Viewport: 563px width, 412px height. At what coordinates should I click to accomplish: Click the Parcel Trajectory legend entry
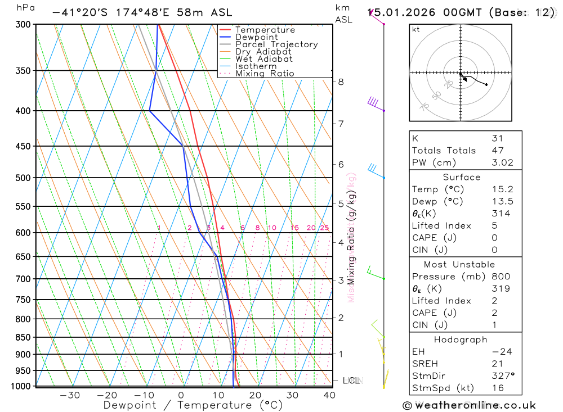(x=276, y=44)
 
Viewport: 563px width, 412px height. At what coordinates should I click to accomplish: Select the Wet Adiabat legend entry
(x=263, y=59)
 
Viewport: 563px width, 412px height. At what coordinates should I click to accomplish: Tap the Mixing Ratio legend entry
(x=265, y=74)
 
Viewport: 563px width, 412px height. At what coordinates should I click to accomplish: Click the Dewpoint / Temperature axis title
(x=193, y=405)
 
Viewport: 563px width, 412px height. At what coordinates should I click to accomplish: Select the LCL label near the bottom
(x=351, y=381)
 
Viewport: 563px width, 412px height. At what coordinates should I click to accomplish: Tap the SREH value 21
(x=496, y=364)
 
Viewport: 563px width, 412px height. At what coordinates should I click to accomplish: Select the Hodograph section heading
(x=461, y=339)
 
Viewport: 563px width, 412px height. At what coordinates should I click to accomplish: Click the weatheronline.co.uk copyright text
(x=469, y=405)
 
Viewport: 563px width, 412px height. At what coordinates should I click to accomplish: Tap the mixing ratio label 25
(x=324, y=228)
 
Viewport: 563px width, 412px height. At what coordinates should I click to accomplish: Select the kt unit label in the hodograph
(x=416, y=30)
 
